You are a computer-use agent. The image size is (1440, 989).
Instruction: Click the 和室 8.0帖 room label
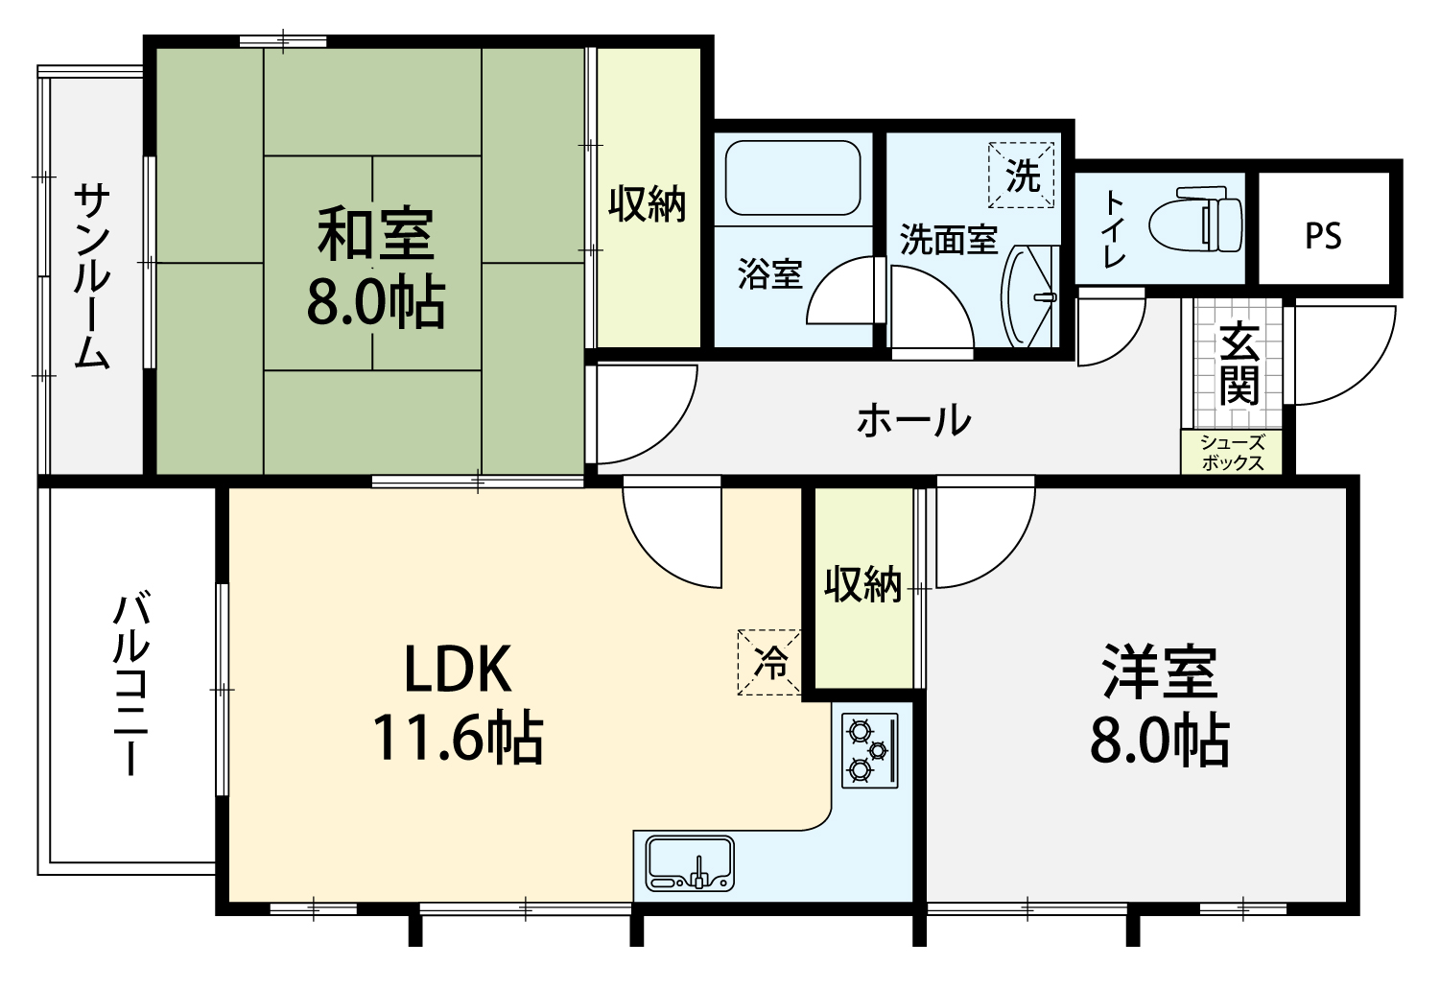click(376, 267)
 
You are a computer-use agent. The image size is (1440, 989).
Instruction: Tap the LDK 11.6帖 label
click(458, 703)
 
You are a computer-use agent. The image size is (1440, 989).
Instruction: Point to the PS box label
click(1323, 236)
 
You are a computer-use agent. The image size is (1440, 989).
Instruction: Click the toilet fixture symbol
click(1195, 219)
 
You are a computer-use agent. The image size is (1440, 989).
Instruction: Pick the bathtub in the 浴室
click(792, 177)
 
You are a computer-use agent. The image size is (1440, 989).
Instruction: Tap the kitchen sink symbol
click(690, 863)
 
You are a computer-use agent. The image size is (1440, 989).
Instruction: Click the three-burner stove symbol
click(870, 750)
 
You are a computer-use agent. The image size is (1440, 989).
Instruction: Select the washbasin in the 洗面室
click(1030, 296)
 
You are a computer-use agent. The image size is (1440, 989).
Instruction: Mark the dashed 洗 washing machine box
click(1021, 175)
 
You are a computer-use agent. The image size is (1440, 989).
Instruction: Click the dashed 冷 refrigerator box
click(769, 662)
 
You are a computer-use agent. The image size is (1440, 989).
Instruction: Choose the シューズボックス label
click(1232, 453)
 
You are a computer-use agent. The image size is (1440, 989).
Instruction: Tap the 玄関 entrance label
click(1239, 364)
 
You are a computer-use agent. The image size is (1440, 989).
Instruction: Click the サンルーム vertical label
click(92, 276)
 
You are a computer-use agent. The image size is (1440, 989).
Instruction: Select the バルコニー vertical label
click(131, 686)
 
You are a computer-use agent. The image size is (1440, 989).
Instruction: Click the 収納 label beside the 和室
click(648, 203)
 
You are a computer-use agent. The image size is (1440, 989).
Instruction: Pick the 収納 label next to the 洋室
click(862, 584)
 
